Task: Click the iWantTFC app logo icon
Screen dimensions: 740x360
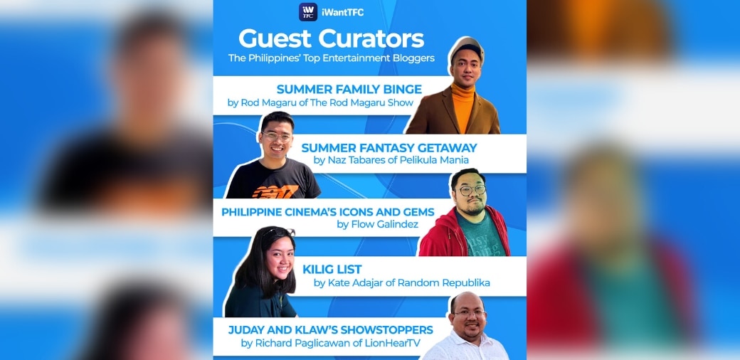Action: [307, 12]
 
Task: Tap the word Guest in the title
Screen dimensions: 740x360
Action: [275, 38]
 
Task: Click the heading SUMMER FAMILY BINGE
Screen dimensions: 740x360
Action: [349, 89]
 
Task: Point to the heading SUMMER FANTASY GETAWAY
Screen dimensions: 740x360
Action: [389, 148]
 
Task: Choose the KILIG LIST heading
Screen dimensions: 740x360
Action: [332, 270]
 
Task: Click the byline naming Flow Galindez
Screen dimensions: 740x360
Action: [378, 224]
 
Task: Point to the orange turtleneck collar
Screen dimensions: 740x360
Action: [462, 91]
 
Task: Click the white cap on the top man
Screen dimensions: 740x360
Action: [466, 48]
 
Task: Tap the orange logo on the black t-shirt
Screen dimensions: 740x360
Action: [275, 191]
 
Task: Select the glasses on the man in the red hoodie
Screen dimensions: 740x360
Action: [471, 190]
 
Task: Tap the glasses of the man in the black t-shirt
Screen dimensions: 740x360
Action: [277, 137]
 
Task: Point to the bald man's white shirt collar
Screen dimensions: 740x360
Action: [467, 337]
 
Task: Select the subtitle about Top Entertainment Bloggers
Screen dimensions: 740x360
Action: [332, 58]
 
